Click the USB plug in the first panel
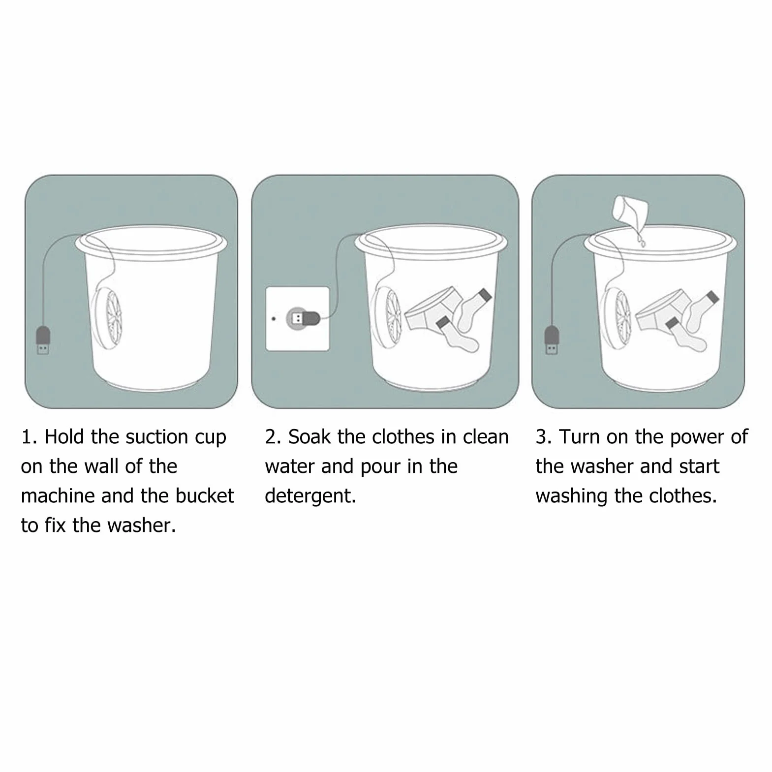tap(43, 340)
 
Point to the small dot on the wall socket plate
tap(274, 319)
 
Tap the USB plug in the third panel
tap(552, 340)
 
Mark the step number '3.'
tap(544, 437)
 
